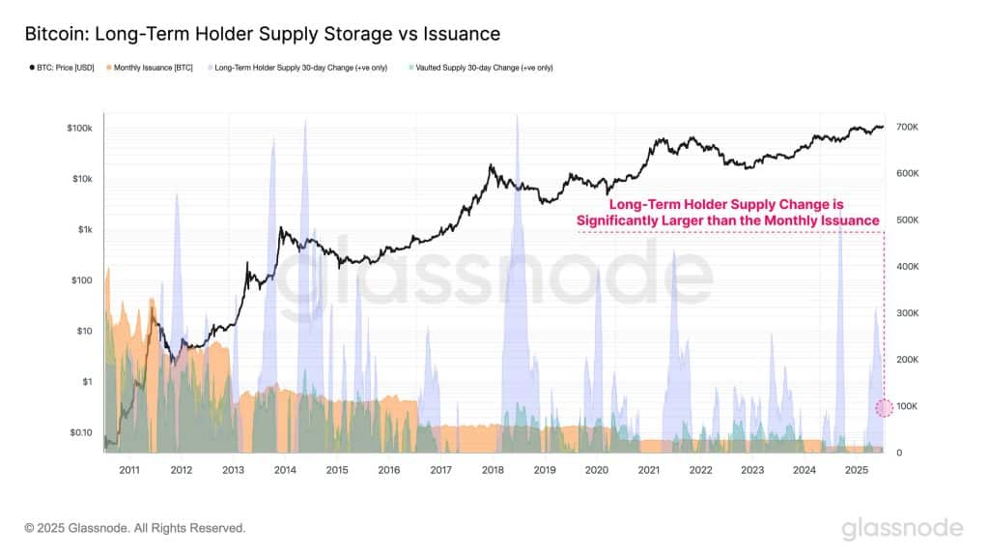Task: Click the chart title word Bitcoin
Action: point(54,34)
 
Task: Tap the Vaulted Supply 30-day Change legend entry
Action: point(482,68)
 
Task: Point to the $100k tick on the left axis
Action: point(79,128)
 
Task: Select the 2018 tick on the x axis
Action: point(493,470)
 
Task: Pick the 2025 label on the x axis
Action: point(856,470)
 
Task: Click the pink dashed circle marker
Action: point(884,407)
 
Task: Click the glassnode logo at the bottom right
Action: point(901,528)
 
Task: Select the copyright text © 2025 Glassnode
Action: point(135,528)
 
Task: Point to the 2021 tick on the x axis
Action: point(648,470)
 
